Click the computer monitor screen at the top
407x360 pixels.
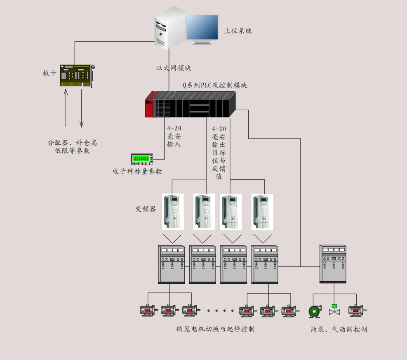click(202, 27)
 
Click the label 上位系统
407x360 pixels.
click(238, 31)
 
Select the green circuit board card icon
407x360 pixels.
click(78, 75)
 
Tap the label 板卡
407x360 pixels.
click(49, 73)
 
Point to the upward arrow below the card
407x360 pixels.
click(66, 108)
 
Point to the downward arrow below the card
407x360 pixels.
click(82, 108)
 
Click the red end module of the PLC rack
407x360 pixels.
click(149, 105)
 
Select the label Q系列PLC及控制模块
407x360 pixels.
click(215, 85)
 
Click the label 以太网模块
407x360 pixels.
click(173, 68)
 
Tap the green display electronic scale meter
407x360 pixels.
click(142, 159)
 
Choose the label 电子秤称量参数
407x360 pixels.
click(137, 171)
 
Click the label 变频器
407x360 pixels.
click(146, 209)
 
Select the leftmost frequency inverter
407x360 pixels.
click(173, 212)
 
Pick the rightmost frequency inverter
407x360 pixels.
click(262, 212)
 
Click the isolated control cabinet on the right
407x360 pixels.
click(333, 264)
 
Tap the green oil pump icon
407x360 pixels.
click(315, 311)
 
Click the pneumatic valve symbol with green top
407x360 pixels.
click(334, 310)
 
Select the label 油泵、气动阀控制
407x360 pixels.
click(339, 329)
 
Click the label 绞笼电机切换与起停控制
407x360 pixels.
click(215, 329)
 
